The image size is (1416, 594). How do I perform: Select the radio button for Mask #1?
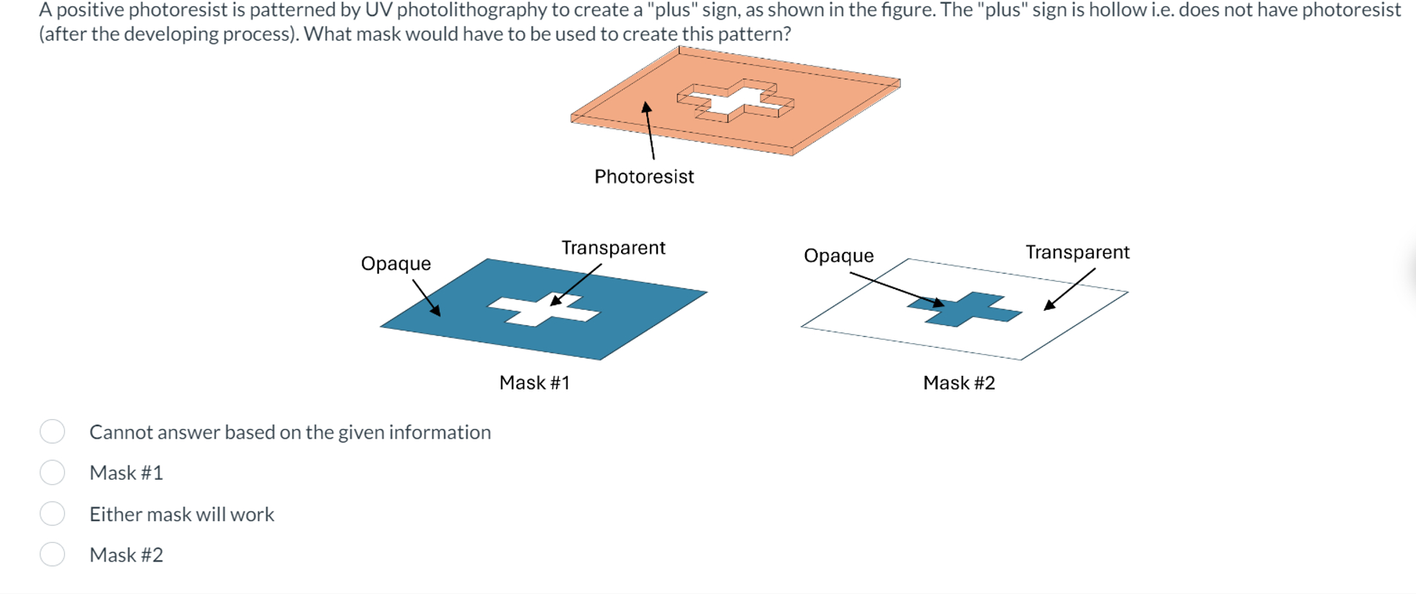pos(53,473)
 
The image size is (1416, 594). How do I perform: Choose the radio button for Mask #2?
pos(53,554)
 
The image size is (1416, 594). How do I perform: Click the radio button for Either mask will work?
pos(53,514)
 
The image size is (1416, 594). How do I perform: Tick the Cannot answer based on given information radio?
pos(53,431)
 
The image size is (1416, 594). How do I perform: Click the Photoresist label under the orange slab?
pos(643,176)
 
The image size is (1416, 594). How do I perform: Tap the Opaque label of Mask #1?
pos(396,264)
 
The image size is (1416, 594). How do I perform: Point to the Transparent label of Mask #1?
pos(613,248)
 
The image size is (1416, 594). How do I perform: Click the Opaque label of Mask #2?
pos(838,256)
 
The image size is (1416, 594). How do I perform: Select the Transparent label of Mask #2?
pos(1077,252)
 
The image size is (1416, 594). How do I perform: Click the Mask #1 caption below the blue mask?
pos(534,382)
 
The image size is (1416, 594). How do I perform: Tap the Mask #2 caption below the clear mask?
pos(959,382)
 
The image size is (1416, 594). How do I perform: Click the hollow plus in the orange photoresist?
pos(735,101)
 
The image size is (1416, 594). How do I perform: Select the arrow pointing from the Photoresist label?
pos(650,130)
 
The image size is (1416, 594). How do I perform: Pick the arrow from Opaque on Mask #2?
pos(896,289)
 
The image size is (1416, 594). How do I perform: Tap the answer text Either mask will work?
pos(181,514)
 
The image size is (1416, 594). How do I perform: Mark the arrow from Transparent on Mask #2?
pos(1070,289)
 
